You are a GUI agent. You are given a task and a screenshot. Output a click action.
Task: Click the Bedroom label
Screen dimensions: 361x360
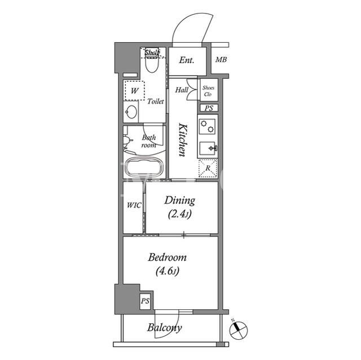tap(167, 257)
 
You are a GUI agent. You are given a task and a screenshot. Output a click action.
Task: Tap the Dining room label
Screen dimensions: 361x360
tap(180, 201)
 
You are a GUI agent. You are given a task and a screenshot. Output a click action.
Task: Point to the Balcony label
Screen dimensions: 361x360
tap(164, 327)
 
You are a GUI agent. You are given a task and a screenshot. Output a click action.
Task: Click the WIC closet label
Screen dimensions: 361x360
tap(134, 205)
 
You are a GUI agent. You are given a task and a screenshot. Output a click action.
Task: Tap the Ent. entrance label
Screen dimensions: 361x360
tap(187, 60)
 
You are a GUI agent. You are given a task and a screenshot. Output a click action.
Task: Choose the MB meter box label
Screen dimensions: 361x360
tap(221, 60)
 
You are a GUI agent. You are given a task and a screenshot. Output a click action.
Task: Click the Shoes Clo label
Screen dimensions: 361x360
tap(208, 91)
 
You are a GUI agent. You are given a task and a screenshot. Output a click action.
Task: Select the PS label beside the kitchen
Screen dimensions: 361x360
tap(209, 108)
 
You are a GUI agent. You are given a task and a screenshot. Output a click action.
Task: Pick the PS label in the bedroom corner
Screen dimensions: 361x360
tap(146, 301)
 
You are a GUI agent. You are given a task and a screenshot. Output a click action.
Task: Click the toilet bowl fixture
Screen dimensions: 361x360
tap(152, 63)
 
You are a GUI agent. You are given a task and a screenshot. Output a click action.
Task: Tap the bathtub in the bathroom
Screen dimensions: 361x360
tap(144, 167)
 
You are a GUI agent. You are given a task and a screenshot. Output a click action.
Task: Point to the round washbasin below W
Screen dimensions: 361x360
tap(131, 112)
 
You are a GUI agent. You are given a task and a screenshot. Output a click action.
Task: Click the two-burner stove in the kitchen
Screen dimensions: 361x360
tap(207, 126)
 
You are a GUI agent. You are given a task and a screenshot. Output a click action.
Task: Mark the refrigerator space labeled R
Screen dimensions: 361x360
tap(208, 168)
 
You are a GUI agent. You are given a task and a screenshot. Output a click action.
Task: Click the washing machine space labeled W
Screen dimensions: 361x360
tap(134, 91)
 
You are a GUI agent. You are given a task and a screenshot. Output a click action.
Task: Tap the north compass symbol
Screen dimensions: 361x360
tap(239, 330)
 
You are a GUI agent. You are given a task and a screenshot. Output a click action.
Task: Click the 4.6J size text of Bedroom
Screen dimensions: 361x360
tap(168, 271)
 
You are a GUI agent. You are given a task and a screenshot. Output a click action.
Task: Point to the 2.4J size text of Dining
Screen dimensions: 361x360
tap(179, 215)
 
